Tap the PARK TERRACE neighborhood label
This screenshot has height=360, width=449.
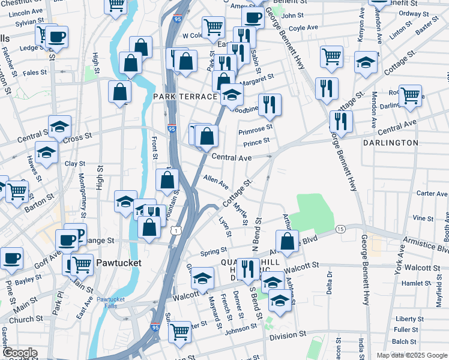pyautogui.click(x=183, y=97)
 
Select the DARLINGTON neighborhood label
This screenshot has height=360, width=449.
pyautogui.click(x=390, y=143)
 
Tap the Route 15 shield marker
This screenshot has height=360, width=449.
pyautogui.click(x=340, y=229)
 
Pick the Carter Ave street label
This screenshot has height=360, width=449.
pyautogui.click(x=432, y=193)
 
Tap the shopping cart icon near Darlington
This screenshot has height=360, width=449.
pyautogui.click(x=411, y=95)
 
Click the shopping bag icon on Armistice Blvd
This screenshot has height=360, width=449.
pyautogui.click(x=288, y=242)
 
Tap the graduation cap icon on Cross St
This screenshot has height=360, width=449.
pyautogui.click(x=59, y=127)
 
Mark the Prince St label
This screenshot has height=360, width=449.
pyautogui.click(x=256, y=142)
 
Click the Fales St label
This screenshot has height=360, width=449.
pyautogui.click(x=35, y=73)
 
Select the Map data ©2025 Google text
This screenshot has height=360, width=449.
pyautogui.click(x=411, y=355)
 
